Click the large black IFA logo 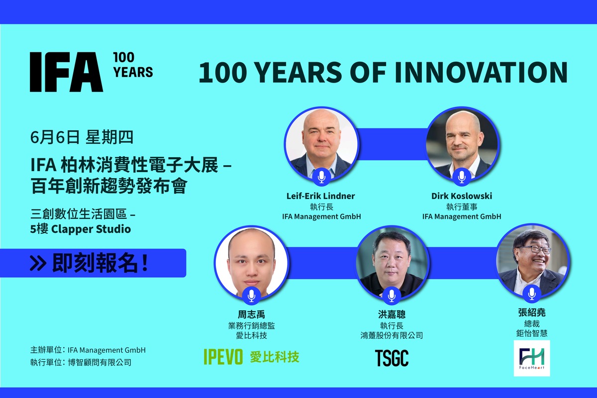click(x=66, y=72)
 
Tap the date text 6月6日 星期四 click(x=82, y=137)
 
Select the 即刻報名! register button click(x=93, y=263)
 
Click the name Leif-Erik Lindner click(x=320, y=196)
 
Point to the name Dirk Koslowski click(x=462, y=196)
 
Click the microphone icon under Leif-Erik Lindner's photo click(x=322, y=177)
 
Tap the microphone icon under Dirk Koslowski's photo click(x=462, y=177)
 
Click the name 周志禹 click(x=251, y=314)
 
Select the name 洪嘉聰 click(x=392, y=314)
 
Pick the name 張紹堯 click(x=532, y=312)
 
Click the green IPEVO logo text click(x=223, y=357)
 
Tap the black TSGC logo click(x=392, y=358)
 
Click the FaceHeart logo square click(x=532, y=358)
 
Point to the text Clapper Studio click(x=91, y=229)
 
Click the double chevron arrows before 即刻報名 click(x=38, y=263)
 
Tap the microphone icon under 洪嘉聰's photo click(x=392, y=296)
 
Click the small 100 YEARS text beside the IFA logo click(x=133, y=65)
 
